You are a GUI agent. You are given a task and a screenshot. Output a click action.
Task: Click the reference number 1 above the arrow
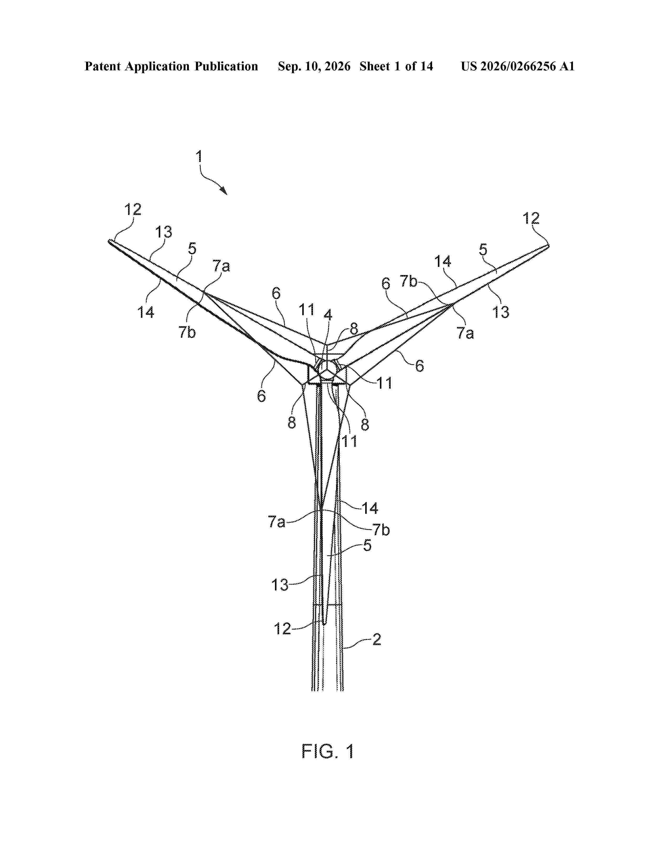click(x=199, y=157)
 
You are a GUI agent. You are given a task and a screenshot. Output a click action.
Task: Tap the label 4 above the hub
click(x=328, y=315)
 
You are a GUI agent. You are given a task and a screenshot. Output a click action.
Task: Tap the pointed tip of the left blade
click(x=109, y=241)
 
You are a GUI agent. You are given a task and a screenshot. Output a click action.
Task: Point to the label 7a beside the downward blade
click(x=277, y=521)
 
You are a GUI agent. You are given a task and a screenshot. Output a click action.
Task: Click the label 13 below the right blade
click(x=501, y=312)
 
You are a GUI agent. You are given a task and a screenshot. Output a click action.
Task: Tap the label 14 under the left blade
click(x=145, y=313)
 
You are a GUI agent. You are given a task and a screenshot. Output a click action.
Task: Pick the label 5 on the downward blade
click(x=367, y=545)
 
